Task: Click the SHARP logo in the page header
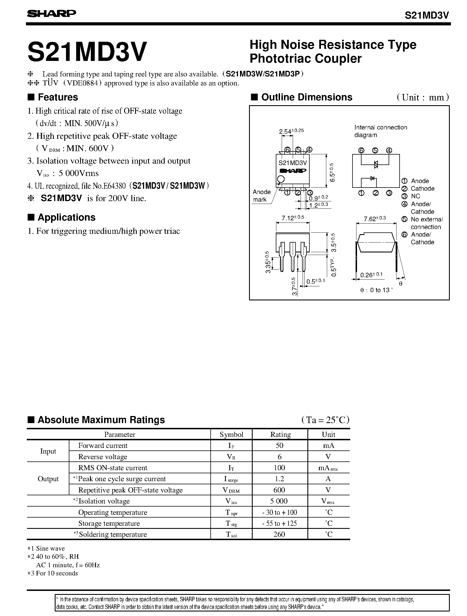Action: tap(52, 14)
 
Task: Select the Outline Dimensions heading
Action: tap(307, 97)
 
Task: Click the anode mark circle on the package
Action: tap(281, 179)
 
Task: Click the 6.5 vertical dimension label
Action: tap(332, 172)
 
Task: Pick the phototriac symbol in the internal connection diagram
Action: tap(375, 164)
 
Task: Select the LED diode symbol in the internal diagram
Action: tap(372, 178)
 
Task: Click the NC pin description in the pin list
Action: tap(415, 196)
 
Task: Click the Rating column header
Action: tap(280, 434)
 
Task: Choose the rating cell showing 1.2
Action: tap(279, 479)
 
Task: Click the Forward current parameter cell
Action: tap(103, 445)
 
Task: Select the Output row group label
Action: tap(48, 479)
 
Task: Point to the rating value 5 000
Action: tap(279, 501)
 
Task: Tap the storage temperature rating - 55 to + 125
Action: tap(279, 523)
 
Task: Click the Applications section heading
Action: tap(66, 217)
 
